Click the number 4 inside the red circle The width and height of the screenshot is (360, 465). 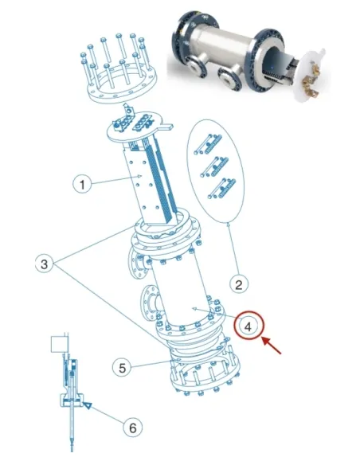tap(249, 325)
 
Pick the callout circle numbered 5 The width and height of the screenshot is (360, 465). tap(120, 367)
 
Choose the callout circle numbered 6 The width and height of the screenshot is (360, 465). tap(135, 427)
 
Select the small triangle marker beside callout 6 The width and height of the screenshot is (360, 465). tap(88, 406)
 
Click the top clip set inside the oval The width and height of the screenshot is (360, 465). tap(205, 143)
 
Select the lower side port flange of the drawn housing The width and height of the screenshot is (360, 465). tap(149, 304)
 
